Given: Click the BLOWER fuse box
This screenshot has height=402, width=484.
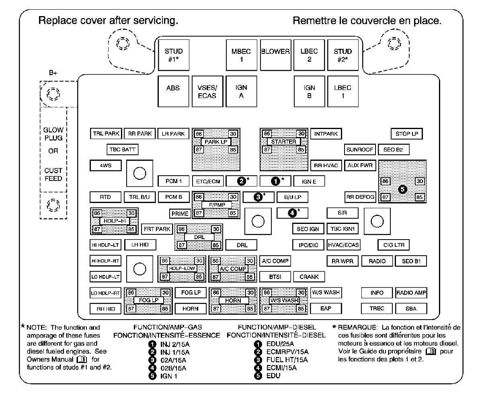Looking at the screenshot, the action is (x=275, y=55).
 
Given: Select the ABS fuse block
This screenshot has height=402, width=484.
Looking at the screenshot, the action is (x=173, y=91).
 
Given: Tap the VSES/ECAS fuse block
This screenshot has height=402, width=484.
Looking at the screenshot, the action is (x=207, y=91).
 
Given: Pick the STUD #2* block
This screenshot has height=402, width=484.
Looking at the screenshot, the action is (x=343, y=55).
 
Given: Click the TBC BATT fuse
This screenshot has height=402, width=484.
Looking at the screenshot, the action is (x=122, y=150).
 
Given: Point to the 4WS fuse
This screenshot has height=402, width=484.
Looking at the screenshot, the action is (x=105, y=166).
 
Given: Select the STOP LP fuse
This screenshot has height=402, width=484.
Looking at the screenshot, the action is (x=406, y=134).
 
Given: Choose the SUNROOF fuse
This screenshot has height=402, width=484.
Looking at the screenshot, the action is (x=360, y=150).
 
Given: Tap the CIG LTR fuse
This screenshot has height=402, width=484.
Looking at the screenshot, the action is (x=394, y=245).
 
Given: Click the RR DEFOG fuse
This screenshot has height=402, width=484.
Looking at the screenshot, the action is (x=360, y=197).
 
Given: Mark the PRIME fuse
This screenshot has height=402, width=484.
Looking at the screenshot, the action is (x=180, y=213).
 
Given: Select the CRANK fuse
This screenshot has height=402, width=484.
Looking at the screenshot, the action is (x=309, y=277).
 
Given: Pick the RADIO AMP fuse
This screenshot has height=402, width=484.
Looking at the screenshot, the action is (x=411, y=293).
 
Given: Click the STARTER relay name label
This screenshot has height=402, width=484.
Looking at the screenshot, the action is (x=283, y=142).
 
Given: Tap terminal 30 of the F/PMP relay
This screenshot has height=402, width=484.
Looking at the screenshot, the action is (x=233, y=197).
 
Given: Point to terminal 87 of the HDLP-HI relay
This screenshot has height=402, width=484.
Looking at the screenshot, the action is (x=97, y=229).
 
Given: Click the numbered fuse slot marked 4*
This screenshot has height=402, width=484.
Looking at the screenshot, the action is (x=292, y=213).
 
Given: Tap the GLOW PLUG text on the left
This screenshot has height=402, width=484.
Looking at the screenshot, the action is (x=53, y=134).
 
